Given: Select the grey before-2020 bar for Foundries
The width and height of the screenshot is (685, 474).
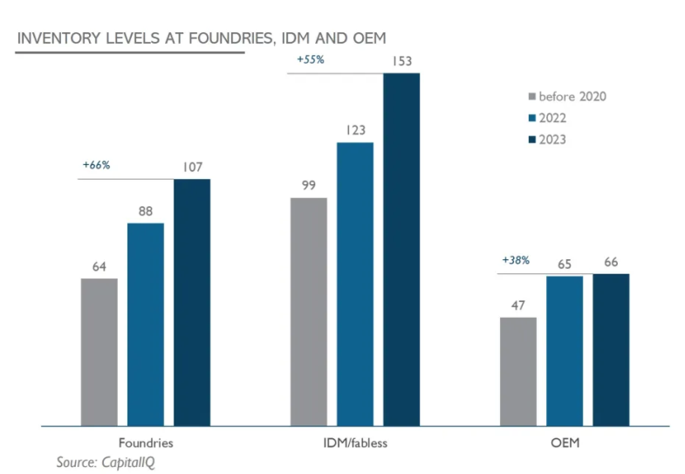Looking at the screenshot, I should [x=99, y=352].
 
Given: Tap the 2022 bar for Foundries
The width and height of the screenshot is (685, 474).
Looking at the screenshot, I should [x=145, y=324].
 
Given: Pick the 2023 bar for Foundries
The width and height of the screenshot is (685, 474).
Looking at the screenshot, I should [x=192, y=302].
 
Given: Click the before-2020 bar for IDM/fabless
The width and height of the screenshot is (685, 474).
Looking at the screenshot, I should [x=308, y=312].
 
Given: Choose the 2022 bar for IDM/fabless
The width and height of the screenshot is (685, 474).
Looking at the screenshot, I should [x=354, y=284].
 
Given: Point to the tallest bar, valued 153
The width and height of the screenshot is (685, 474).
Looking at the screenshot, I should [x=401, y=250].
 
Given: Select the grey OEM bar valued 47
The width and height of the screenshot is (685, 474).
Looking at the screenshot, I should [x=517, y=371].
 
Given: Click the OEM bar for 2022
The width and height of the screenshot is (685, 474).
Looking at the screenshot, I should [x=564, y=351].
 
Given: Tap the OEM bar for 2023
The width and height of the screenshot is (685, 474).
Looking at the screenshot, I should [x=611, y=350].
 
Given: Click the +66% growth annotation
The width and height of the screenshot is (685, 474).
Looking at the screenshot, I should [x=96, y=164].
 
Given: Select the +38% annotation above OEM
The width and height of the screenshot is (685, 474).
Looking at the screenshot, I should [x=516, y=260].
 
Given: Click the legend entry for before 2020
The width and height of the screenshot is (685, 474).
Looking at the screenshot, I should [x=566, y=96].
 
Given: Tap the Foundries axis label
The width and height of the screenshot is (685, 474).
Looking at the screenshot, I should [x=145, y=443].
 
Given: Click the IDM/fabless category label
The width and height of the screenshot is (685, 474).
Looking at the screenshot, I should [x=354, y=443].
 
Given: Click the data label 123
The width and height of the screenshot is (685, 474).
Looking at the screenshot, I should [x=354, y=130].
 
